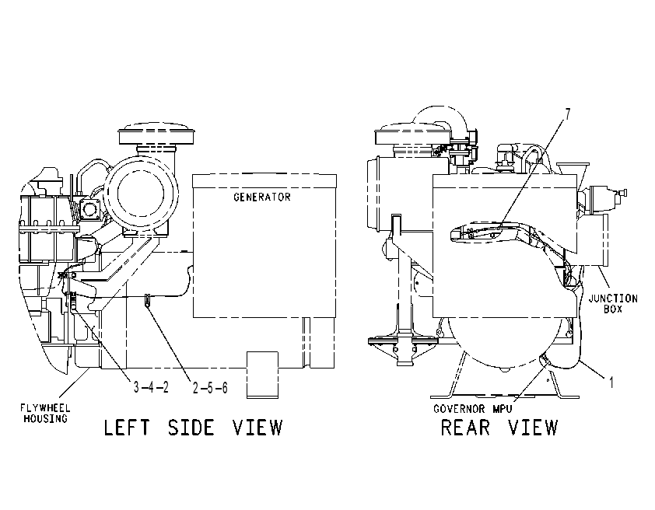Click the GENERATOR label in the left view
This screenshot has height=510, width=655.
pos(262,197)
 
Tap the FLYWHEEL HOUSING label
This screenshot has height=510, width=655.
pos(46,413)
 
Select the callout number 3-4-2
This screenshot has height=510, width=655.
pos(151,387)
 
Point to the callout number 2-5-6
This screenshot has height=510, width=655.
pos(210,388)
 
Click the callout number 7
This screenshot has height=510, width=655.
pos(568,114)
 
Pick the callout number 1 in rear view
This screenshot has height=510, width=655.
pos(611,382)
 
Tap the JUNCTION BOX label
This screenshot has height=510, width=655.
pos(613,304)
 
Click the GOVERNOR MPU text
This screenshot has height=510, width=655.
pos(472,409)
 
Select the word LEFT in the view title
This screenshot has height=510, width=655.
pos(127,428)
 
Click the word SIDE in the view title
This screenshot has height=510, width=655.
pos(191,428)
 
